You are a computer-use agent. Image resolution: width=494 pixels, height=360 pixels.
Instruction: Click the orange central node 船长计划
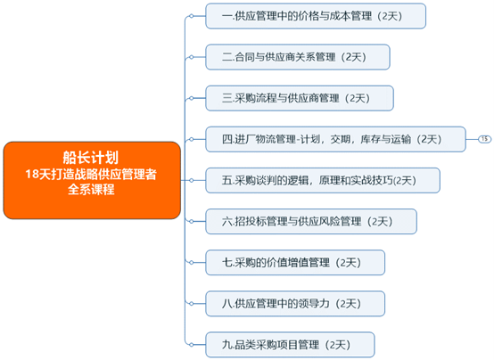point(92,180)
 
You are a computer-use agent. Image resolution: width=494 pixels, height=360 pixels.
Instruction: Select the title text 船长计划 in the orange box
point(91,158)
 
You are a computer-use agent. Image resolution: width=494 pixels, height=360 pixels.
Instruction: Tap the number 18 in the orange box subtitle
point(31,174)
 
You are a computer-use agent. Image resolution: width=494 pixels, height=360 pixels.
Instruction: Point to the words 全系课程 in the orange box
point(91,190)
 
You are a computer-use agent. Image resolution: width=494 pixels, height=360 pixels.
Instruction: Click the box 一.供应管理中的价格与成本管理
point(316,16)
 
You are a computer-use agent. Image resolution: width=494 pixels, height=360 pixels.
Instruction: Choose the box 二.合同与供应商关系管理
point(298,57)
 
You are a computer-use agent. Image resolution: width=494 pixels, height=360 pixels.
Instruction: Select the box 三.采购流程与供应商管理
point(300,98)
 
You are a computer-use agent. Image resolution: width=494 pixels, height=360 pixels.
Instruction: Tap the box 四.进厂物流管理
point(335,139)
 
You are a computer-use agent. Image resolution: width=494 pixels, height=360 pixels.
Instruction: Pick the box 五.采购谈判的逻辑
point(323,181)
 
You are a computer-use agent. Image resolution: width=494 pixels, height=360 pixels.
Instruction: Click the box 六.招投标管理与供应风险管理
point(311,221)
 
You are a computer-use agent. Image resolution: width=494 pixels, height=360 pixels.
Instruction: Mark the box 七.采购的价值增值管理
point(295,263)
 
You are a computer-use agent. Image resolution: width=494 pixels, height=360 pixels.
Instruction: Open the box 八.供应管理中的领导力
point(295,304)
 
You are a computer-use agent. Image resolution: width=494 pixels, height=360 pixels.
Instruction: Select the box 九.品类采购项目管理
point(290,345)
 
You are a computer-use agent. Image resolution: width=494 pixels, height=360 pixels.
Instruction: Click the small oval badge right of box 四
point(484,139)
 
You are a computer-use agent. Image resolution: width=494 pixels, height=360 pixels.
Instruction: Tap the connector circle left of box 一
point(191,16)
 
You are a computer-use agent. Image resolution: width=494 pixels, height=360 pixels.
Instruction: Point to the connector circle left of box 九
point(191,345)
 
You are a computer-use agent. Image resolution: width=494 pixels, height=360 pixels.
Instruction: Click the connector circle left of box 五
point(191,181)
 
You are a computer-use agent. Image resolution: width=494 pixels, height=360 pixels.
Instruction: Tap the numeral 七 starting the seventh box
point(226,263)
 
